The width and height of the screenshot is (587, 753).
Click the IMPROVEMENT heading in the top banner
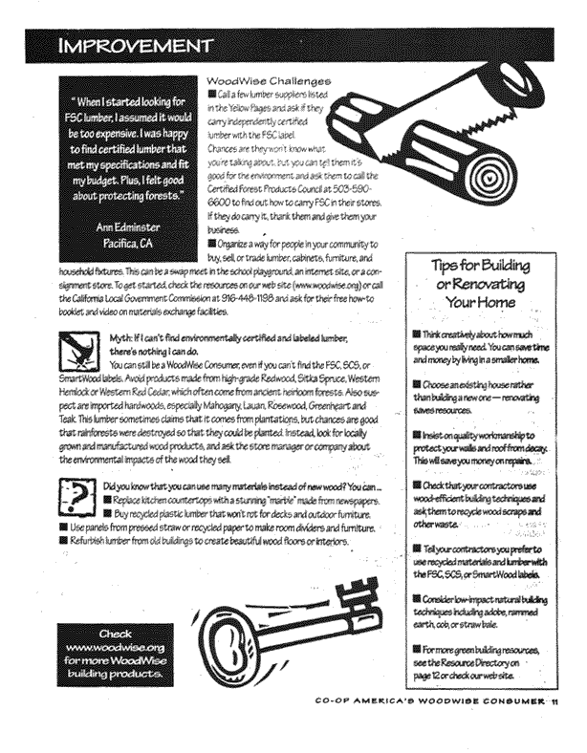coord(134,45)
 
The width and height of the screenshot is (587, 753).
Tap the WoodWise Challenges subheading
coord(269,82)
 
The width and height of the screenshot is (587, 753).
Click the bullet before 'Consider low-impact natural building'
coord(417,595)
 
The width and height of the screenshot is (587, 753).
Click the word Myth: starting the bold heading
coord(123,338)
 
